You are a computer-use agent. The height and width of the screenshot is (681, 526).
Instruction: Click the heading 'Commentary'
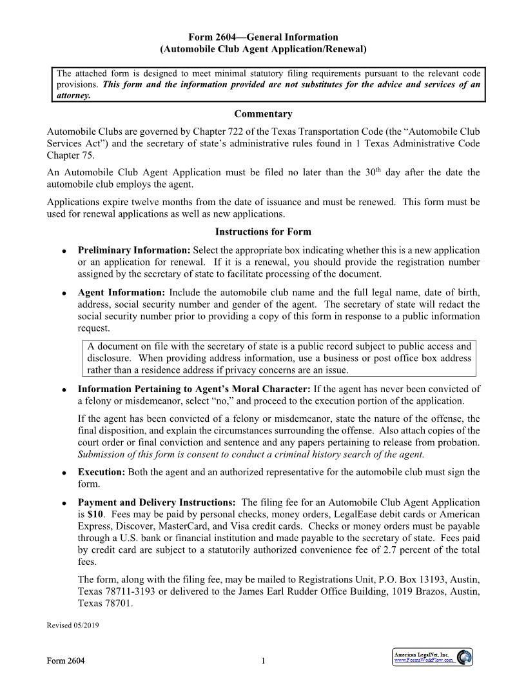coord(263,114)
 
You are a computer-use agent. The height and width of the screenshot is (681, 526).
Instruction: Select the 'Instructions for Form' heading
coord(263,232)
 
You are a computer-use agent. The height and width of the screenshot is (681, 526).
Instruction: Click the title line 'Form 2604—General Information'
coord(263,37)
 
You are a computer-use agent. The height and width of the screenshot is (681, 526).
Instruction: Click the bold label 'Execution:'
coord(102,472)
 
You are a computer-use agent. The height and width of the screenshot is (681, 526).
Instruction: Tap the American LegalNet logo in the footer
coord(433,657)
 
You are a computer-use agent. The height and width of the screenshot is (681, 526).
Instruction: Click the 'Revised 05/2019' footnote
coord(73,625)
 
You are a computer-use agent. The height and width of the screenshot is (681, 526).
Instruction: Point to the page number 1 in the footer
coord(263,660)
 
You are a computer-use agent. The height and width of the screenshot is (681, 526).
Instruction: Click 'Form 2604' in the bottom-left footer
coord(65,660)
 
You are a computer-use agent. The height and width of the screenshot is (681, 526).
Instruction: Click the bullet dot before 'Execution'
coord(64,473)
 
